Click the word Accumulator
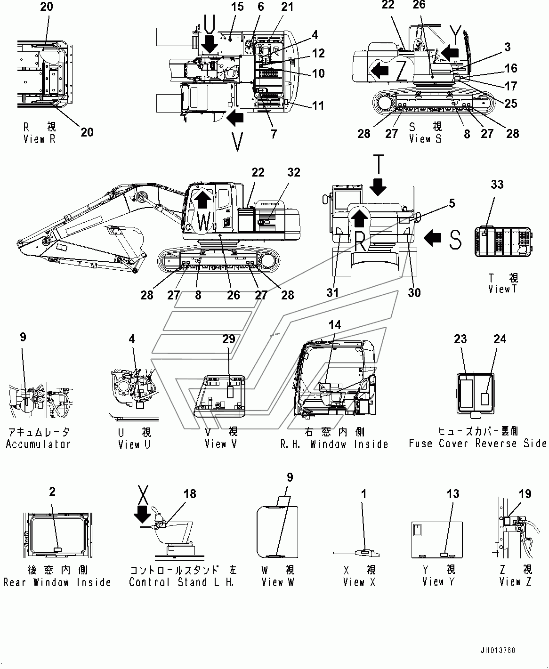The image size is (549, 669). pos(38,444)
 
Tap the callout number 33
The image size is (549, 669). pos(497,185)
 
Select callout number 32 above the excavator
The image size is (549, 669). pos(294,172)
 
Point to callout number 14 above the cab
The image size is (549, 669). pos(335,325)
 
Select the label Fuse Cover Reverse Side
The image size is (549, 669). pos(477,443)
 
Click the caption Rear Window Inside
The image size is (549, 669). pos(57,582)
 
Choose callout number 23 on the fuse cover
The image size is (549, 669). pos(460,339)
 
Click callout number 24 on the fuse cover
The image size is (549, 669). pos(500,339)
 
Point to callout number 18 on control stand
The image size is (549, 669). pos(190,494)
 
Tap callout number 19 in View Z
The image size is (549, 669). pos(525,494)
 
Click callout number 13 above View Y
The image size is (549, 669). pos(453,494)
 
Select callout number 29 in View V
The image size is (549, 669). pos(229,339)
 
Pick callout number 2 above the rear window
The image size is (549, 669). pos(52,492)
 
